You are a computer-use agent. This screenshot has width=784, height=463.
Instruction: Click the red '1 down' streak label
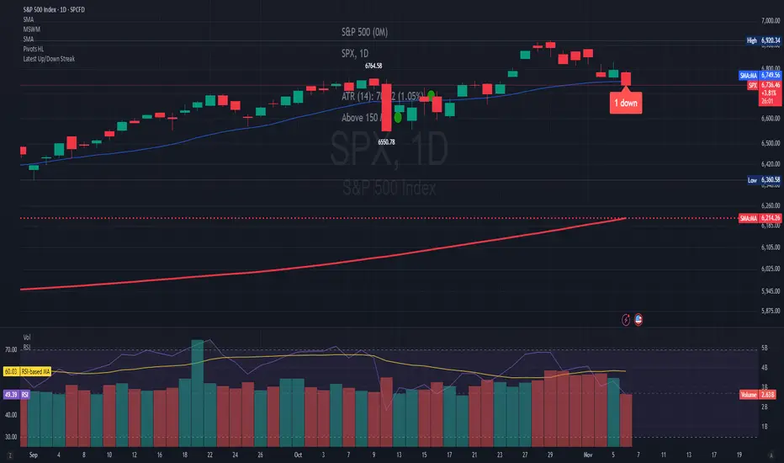[627, 103]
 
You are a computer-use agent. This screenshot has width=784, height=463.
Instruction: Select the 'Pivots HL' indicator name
[34, 50]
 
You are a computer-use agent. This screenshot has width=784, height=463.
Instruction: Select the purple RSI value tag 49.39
[10, 392]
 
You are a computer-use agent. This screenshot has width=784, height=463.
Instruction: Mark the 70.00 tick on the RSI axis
[11, 349]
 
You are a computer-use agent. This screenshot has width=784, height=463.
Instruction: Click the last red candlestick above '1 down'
[627, 78]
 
